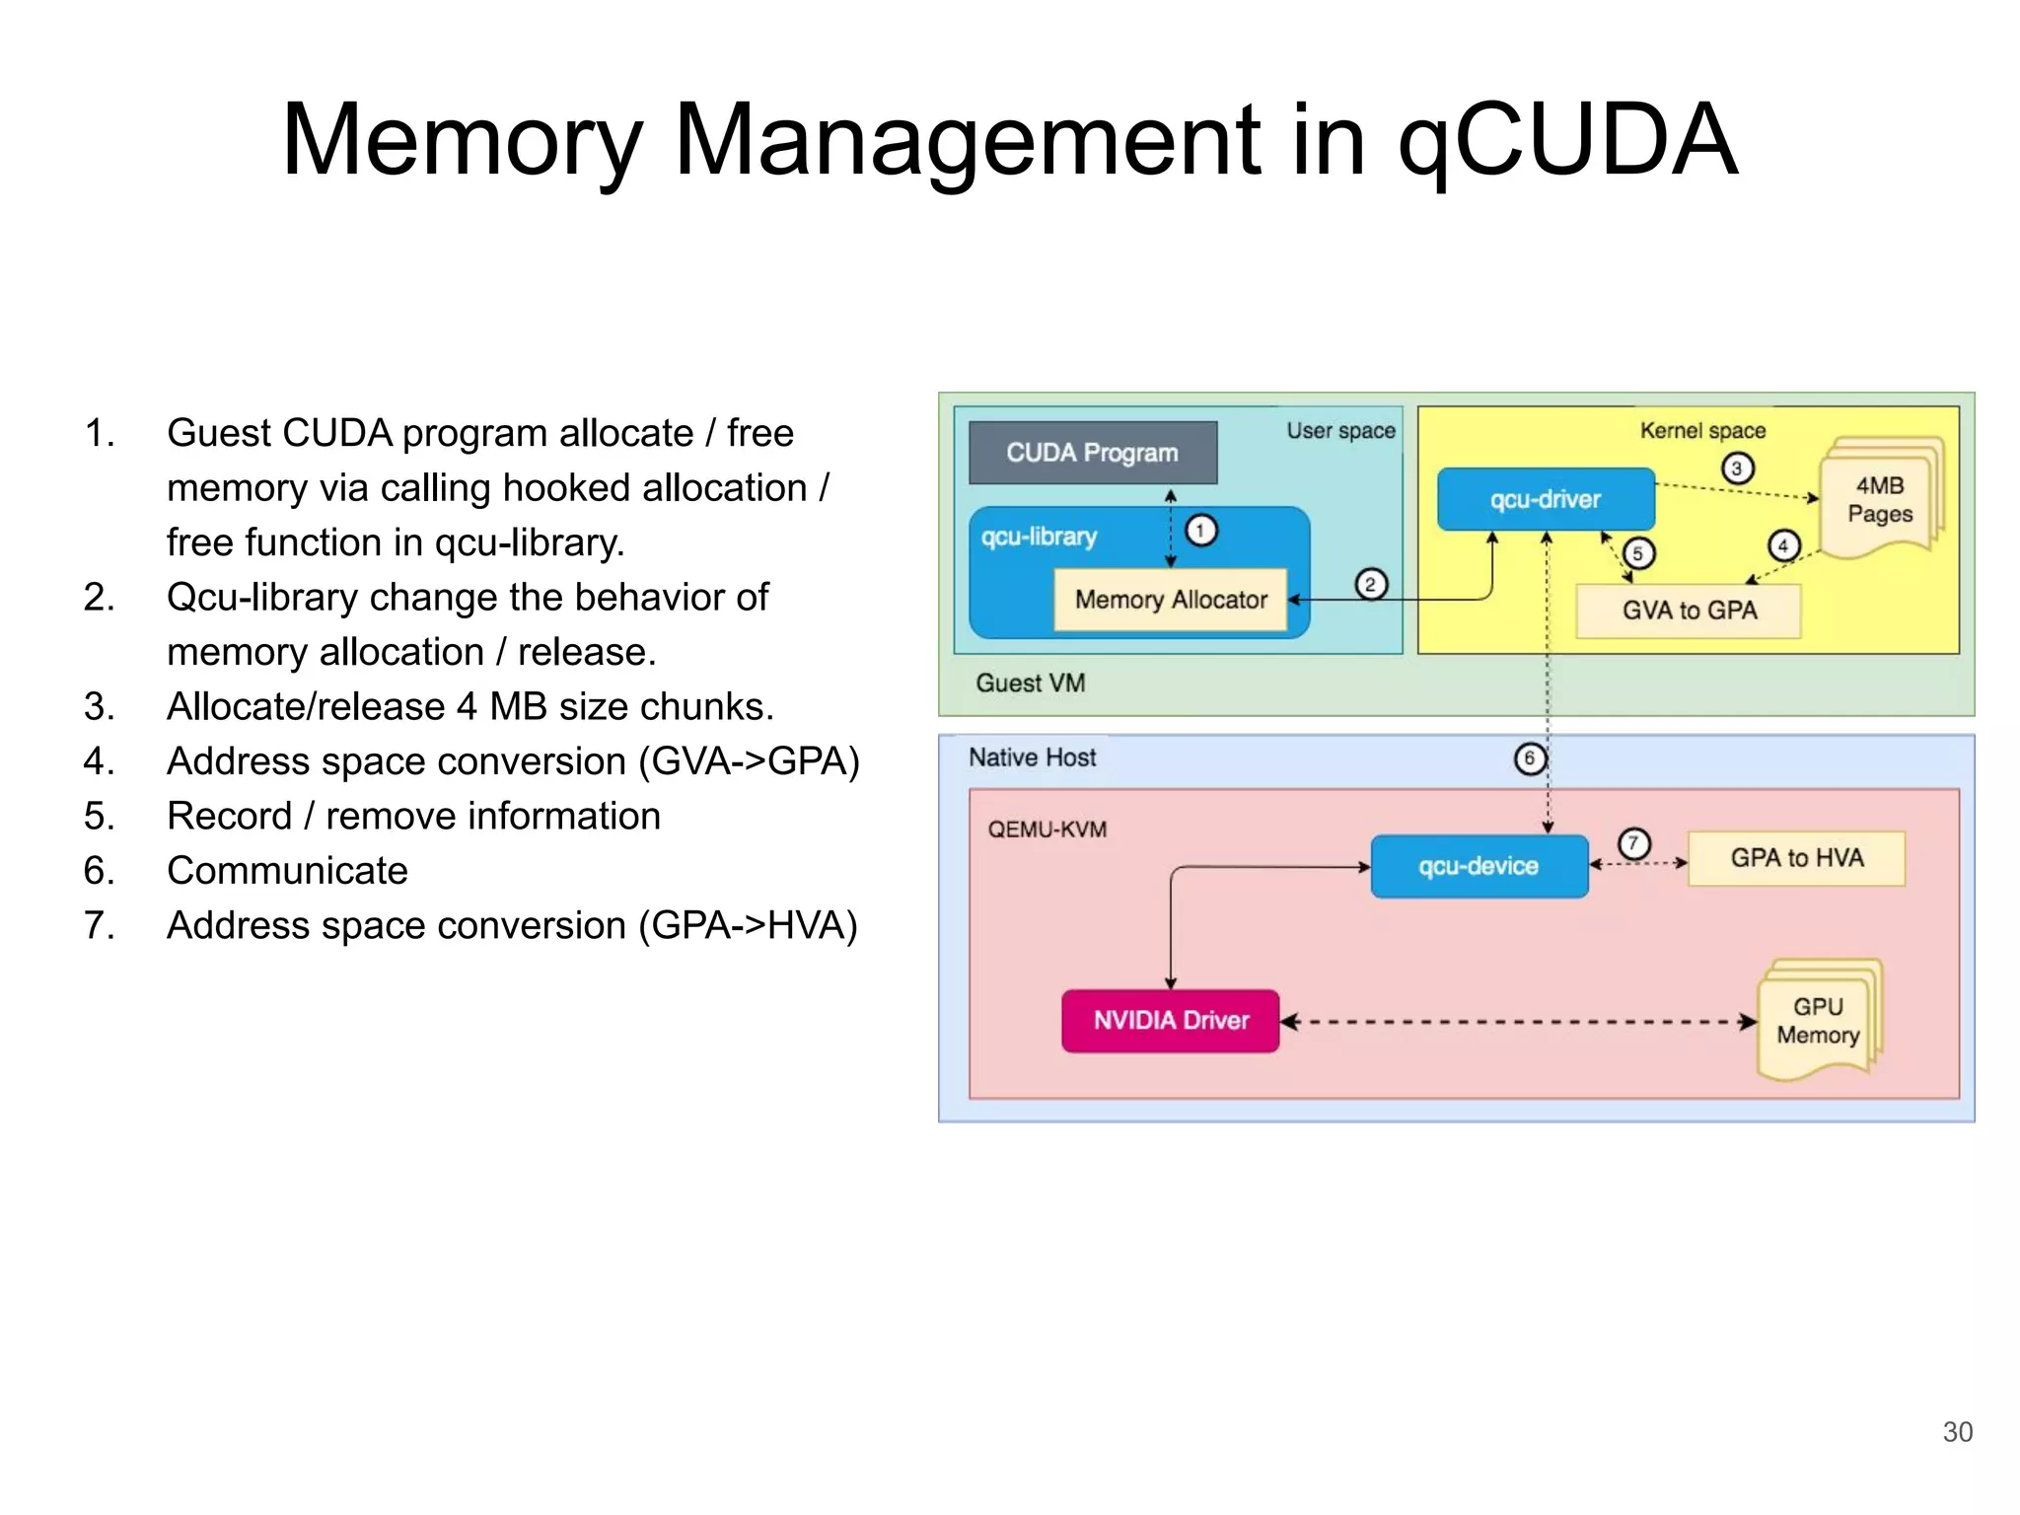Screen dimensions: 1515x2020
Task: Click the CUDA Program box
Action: pos(1092,453)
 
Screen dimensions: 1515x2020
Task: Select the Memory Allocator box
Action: pos(1171,599)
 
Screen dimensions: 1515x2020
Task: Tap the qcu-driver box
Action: pos(1545,499)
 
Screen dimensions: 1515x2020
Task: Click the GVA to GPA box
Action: pos(1689,611)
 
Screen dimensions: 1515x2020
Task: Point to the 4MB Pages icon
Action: pos(1880,500)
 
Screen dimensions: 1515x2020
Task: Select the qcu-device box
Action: pos(1479,866)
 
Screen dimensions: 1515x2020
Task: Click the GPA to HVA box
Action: pos(1796,858)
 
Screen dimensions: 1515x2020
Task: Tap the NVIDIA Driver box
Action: pos(1171,1021)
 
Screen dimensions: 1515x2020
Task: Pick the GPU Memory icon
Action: pos(1818,1021)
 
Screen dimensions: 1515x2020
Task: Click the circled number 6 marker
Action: pos(1529,758)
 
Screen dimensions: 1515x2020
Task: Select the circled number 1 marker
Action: pos(1200,531)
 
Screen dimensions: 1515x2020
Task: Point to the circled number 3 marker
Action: pos(1737,468)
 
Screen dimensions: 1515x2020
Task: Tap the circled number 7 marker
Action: pos(1633,843)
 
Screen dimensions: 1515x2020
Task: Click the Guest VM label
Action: pos(1030,683)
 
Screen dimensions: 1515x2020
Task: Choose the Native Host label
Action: pos(1032,757)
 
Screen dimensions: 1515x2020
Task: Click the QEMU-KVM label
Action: pos(1046,830)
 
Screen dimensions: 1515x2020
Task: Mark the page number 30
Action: pos(1957,1431)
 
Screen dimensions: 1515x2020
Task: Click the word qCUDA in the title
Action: pos(1568,140)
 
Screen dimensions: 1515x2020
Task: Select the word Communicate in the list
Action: pos(287,870)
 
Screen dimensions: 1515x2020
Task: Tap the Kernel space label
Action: pos(1702,430)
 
